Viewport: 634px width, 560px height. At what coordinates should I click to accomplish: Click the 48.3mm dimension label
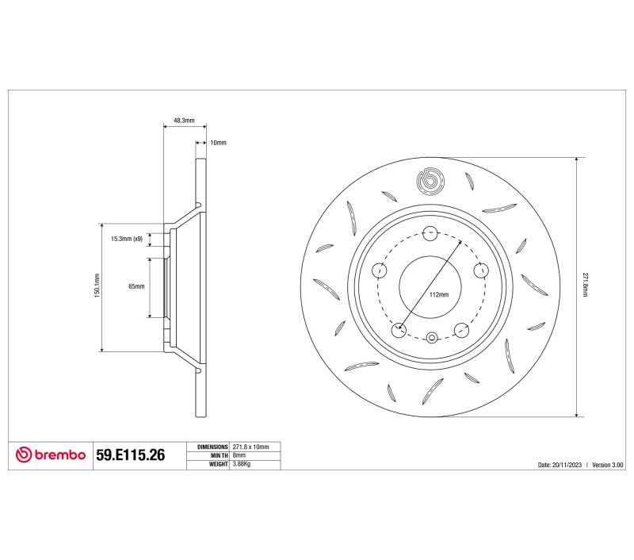click(184, 121)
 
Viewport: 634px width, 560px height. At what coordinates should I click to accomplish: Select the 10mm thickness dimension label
click(219, 143)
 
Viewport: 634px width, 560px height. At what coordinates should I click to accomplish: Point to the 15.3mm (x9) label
click(127, 239)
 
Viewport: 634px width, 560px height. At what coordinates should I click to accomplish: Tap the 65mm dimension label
click(136, 286)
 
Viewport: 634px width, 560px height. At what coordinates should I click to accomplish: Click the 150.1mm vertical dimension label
click(97, 286)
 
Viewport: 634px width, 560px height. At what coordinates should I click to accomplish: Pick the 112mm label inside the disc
click(439, 294)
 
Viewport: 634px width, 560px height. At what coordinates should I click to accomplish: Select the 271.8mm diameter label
click(585, 285)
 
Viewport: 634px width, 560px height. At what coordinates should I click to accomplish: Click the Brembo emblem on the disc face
click(430, 181)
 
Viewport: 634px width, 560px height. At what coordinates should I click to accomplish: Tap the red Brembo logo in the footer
click(51, 455)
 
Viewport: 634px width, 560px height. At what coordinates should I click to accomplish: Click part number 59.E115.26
click(130, 455)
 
